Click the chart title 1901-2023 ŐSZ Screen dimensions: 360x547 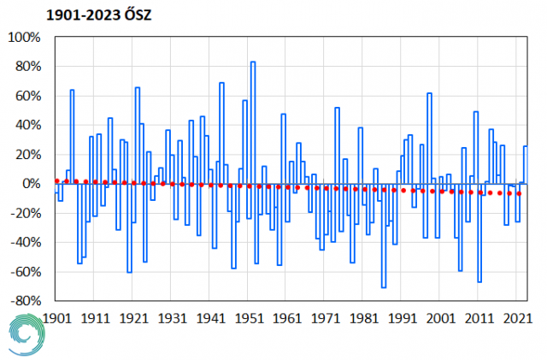88,14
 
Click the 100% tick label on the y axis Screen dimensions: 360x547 24,38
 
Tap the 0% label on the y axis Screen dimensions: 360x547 30,184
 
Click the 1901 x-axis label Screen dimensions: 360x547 56,317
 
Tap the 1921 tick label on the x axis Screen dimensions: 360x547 133,317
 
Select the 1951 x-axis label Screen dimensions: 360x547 249,317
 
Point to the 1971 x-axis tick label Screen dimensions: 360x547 326,317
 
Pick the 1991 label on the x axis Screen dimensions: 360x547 403,317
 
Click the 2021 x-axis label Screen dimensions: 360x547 518,317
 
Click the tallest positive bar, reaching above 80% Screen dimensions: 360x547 253,120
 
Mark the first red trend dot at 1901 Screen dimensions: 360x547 56,181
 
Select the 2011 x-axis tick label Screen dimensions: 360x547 479,317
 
